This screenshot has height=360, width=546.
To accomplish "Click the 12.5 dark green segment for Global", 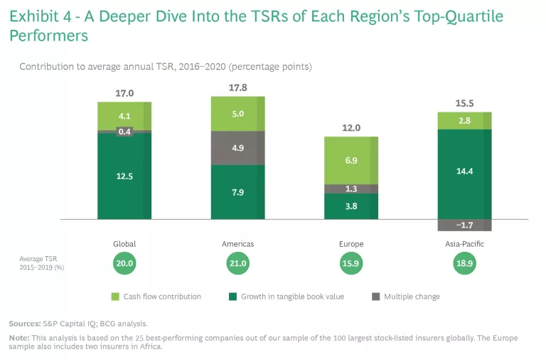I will pos(124,176).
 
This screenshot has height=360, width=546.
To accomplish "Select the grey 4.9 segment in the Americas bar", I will pos(237,148).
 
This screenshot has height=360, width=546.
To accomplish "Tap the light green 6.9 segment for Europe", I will pos(350,161).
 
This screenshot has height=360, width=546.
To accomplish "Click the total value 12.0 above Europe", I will pos(351,129).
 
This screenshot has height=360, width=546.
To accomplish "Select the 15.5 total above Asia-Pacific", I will pos(464,104).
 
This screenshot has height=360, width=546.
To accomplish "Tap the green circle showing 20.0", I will pos(124,263).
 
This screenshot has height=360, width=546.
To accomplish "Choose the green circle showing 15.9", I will pos(351,263).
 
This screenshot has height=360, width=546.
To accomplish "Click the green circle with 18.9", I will pos(464,263).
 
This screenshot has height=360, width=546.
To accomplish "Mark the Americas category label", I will pos(238,244).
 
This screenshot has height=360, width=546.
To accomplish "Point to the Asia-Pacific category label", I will pos(464,244).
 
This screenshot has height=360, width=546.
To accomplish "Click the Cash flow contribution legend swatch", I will pos(116,297).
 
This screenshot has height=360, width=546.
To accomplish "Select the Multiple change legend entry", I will pos(412,297).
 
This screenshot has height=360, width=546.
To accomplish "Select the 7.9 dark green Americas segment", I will pos(237,192).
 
